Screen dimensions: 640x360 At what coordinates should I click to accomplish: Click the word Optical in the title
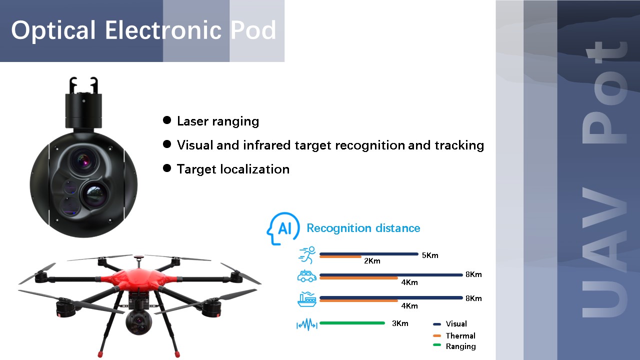pyautogui.click(x=53, y=30)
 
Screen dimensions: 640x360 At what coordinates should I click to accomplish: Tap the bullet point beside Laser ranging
pyautogui.click(x=167, y=120)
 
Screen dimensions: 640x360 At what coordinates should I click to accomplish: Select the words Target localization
pyautogui.click(x=233, y=169)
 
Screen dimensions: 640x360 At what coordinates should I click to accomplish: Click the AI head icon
pyautogui.click(x=283, y=228)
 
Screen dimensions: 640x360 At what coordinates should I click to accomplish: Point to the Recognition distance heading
pyautogui.click(x=363, y=228)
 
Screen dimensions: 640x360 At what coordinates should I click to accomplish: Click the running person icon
pyautogui.click(x=307, y=255)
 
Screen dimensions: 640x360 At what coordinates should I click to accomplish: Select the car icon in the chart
pyautogui.click(x=307, y=276)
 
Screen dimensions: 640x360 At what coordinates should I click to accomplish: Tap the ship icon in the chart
pyautogui.click(x=307, y=299)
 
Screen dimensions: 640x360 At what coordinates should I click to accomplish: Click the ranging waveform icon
pyautogui.click(x=307, y=324)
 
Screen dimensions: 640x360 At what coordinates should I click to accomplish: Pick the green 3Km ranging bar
pyautogui.click(x=352, y=323)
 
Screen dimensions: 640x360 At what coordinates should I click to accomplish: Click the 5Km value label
pyautogui.click(x=430, y=255)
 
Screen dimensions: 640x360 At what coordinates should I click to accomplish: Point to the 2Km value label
pyautogui.click(x=372, y=261)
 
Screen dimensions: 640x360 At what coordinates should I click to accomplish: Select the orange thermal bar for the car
pyautogui.click(x=358, y=278)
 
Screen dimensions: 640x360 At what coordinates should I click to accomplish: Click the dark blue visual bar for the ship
pyautogui.click(x=391, y=297)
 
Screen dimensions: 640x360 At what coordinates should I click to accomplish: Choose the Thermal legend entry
pyautogui.click(x=454, y=335)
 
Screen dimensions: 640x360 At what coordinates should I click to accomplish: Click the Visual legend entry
pyautogui.click(x=450, y=323)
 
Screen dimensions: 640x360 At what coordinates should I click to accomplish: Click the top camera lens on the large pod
pyautogui.click(x=83, y=161)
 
